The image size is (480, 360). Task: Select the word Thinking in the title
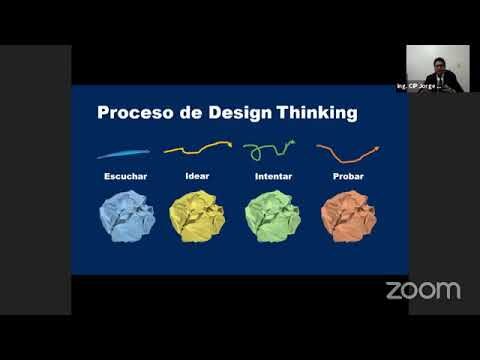pyautogui.click(x=315, y=113)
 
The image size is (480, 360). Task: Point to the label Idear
pyautogui.click(x=197, y=178)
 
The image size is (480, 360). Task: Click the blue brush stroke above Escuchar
pyautogui.click(x=123, y=153)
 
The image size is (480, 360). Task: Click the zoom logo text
pyautogui.click(x=423, y=291)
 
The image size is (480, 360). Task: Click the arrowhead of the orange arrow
pyautogui.click(x=376, y=149)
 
